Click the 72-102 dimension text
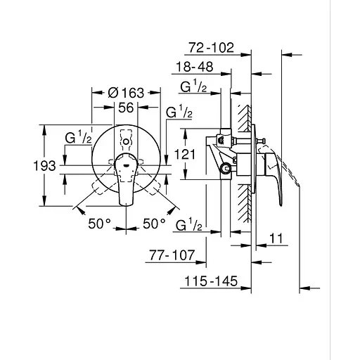(x=212, y=49)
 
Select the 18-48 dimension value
(x=195, y=67)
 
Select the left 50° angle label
(x=100, y=223)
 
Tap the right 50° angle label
(x=155, y=223)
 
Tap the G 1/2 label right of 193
(x=78, y=139)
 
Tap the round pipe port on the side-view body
(x=226, y=169)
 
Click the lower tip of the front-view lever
(x=127, y=204)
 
